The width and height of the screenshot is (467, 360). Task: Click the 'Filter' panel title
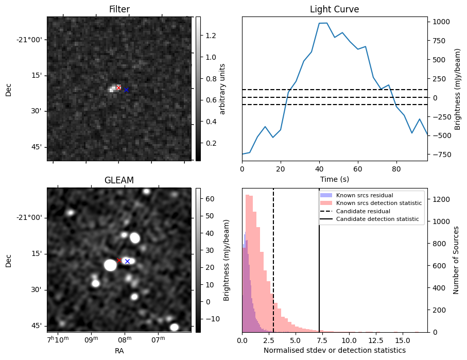119,9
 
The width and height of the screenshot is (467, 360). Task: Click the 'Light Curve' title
334,9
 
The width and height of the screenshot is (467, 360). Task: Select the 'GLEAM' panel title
119,180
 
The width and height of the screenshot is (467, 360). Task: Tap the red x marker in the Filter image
119,88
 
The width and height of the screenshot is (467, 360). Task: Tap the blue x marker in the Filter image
126,90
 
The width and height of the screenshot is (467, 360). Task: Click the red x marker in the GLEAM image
119,261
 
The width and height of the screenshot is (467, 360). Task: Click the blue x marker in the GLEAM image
127,262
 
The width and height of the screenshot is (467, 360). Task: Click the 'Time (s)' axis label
334,178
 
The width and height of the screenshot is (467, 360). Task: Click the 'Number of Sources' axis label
456,260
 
